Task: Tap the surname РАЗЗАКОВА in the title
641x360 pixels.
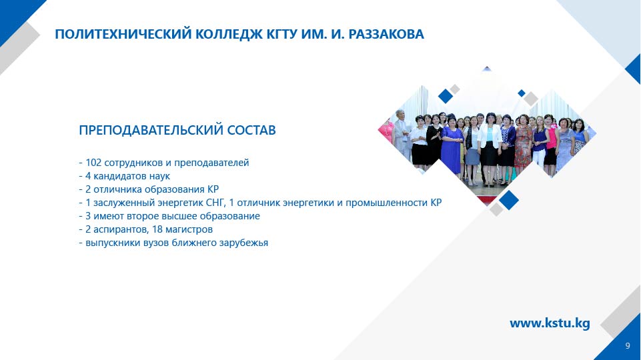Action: coord(386,34)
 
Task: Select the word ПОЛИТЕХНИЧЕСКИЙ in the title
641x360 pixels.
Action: coord(123,34)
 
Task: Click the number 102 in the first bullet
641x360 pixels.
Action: coord(93,163)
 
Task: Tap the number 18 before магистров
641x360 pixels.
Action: coord(158,229)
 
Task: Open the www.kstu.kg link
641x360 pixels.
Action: coord(550,323)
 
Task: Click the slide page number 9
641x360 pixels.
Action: coord(628,346)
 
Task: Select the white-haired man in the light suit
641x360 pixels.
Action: coord(402,134)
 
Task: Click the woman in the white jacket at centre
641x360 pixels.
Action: coord(490,143)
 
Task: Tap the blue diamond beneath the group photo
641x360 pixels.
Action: coord(509,200)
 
